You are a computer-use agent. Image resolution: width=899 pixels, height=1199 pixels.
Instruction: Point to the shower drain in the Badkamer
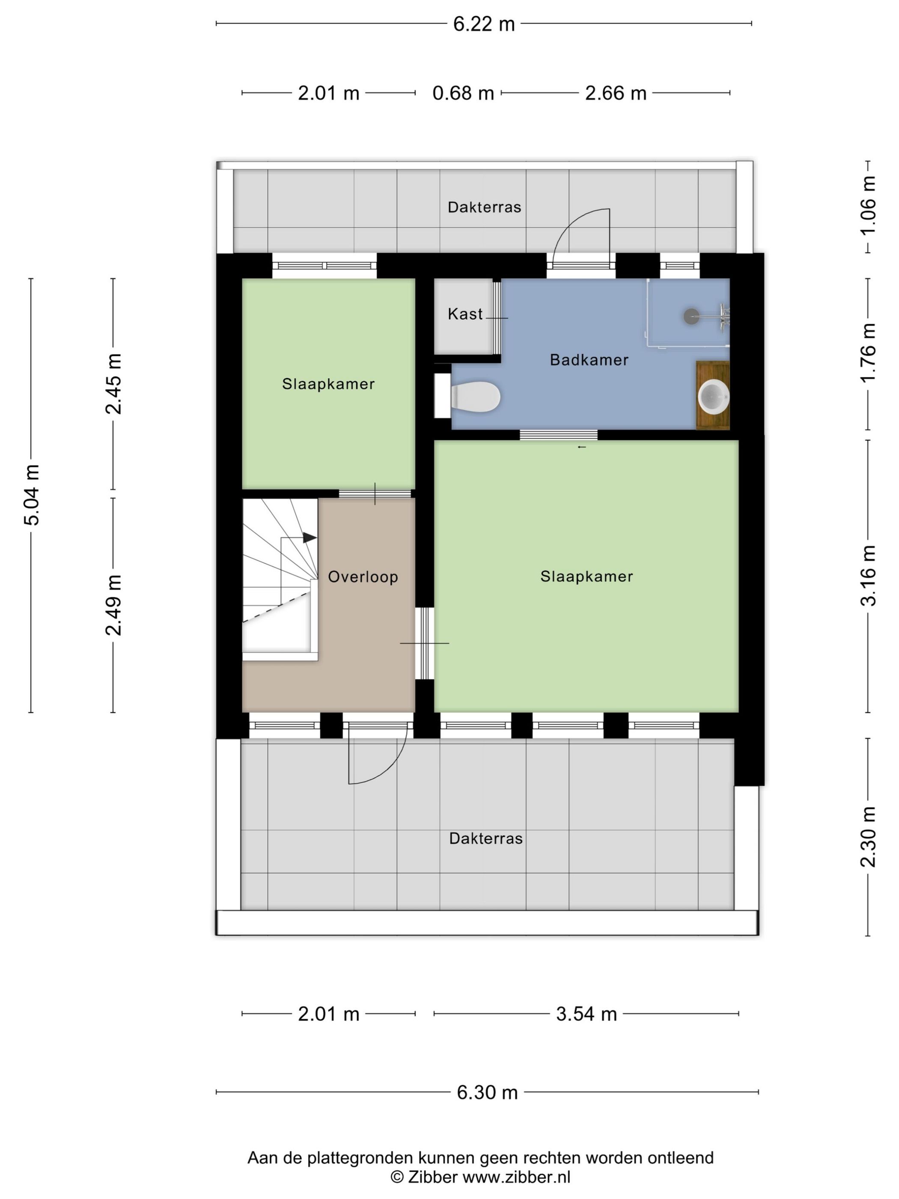pyautogui.click(x=691, y=316)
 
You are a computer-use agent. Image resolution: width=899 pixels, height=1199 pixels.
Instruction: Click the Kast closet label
pyautogui.click(x=465, y=314)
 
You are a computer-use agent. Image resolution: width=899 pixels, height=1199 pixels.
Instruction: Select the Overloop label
pyautogui.click(x=363, y=577)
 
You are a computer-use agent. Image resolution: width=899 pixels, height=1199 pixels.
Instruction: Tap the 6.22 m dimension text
pyautogui.click(x=484, y=24)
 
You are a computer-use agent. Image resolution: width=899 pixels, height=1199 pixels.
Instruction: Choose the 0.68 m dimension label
pyautogui.click(x=463, y=93)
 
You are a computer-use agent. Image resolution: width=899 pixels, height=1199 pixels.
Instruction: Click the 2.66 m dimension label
pyautogui.click(x=616, y=93)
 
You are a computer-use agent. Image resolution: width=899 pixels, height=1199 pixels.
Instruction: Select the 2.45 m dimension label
pyautogui.click(x=113, y=384)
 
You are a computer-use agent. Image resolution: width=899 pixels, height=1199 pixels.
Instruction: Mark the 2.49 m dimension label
pyautogui.click(x=113, y=605)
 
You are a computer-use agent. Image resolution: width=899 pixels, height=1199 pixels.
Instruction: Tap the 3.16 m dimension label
pyautogui.click(x=868, y=576)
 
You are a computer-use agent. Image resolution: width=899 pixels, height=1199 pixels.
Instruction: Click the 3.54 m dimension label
pyautogui.click(x=586, y=1014)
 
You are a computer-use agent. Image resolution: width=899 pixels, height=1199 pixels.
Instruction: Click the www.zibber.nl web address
pyautogui.click(x=516, y=1177)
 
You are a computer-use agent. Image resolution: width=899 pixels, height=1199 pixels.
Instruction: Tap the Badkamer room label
pyautogui.click(x=589, y=360)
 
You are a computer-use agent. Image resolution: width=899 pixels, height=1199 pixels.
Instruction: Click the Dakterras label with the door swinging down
pyautogui.click(x=486, y=838)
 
